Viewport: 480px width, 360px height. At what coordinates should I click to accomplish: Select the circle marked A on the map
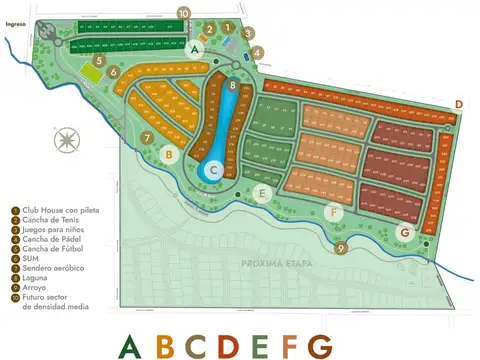click(x=195, y=46)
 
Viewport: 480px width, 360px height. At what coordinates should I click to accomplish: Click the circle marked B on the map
click(x=170, y=155)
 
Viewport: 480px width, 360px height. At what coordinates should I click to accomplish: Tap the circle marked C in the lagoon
click(x=214, y=171)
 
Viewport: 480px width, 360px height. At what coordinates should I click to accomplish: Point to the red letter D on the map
click(x=458, y=104)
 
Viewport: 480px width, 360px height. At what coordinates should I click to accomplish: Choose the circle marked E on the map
click(x=263, y=194)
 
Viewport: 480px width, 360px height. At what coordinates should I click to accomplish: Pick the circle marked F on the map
click(x=334, y=212)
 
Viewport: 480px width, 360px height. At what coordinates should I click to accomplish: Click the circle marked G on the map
click(x=404, y=233)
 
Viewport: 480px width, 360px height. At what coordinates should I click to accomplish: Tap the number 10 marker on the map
click(x=183, y=12)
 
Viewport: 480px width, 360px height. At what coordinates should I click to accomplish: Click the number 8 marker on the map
click(x=233, y=86)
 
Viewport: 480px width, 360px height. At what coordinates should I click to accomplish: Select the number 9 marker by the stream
click(x=341, y=249)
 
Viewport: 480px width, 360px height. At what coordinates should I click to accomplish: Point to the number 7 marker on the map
click(x=147, y=138)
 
